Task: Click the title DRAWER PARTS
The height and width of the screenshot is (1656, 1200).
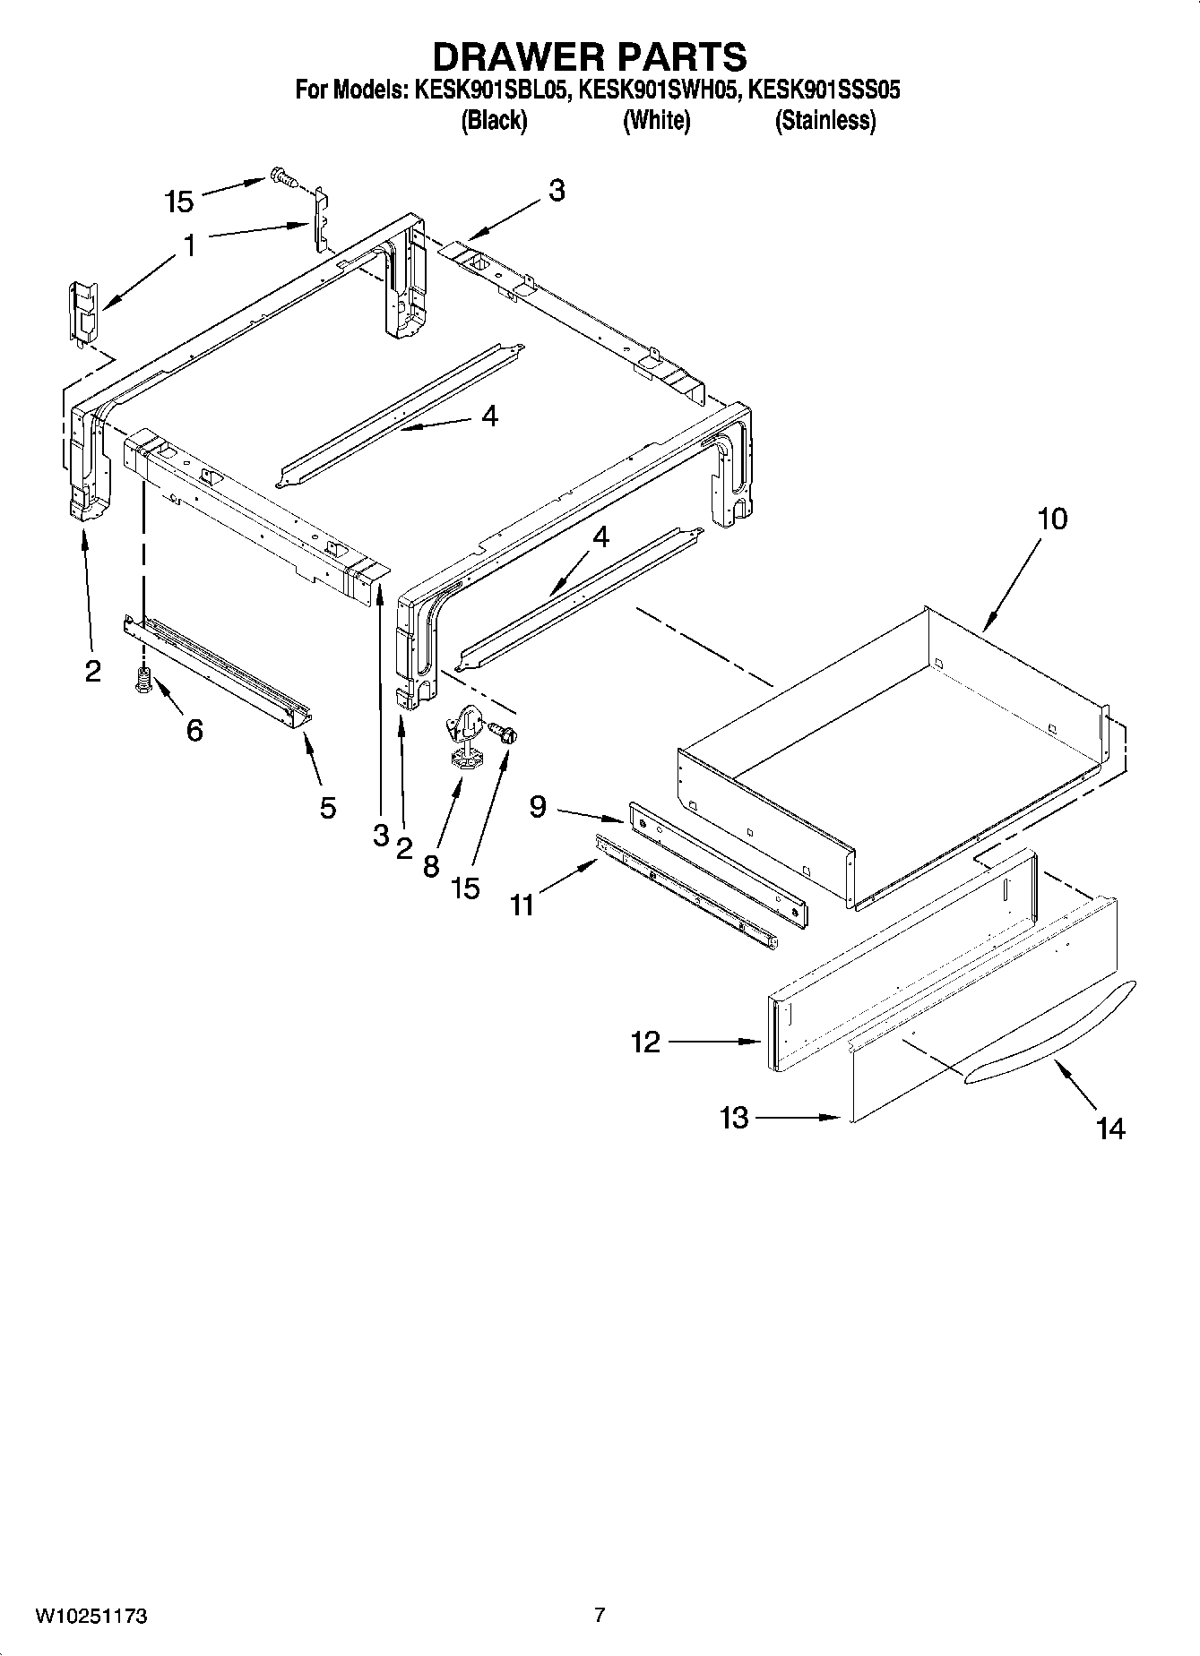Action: coord(589,56)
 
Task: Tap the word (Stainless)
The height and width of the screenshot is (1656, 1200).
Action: coord(824,120)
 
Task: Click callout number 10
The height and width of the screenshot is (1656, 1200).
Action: coord(1053,519)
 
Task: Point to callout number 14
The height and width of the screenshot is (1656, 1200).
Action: coord(1110,1128)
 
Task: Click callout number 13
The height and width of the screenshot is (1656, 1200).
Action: coord(734,1118)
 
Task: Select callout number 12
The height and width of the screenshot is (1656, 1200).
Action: coord(645,1042)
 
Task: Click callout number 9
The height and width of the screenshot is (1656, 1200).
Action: coord(538,807)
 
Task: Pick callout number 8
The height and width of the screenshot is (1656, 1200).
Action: coord(431,865)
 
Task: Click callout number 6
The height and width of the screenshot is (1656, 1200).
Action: coord(194,731)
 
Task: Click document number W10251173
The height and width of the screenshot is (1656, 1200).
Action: coord(91,1617)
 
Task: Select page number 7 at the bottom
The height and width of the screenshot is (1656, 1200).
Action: coord(600,1616)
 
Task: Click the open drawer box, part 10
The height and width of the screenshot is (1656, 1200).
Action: coord(896,752)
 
